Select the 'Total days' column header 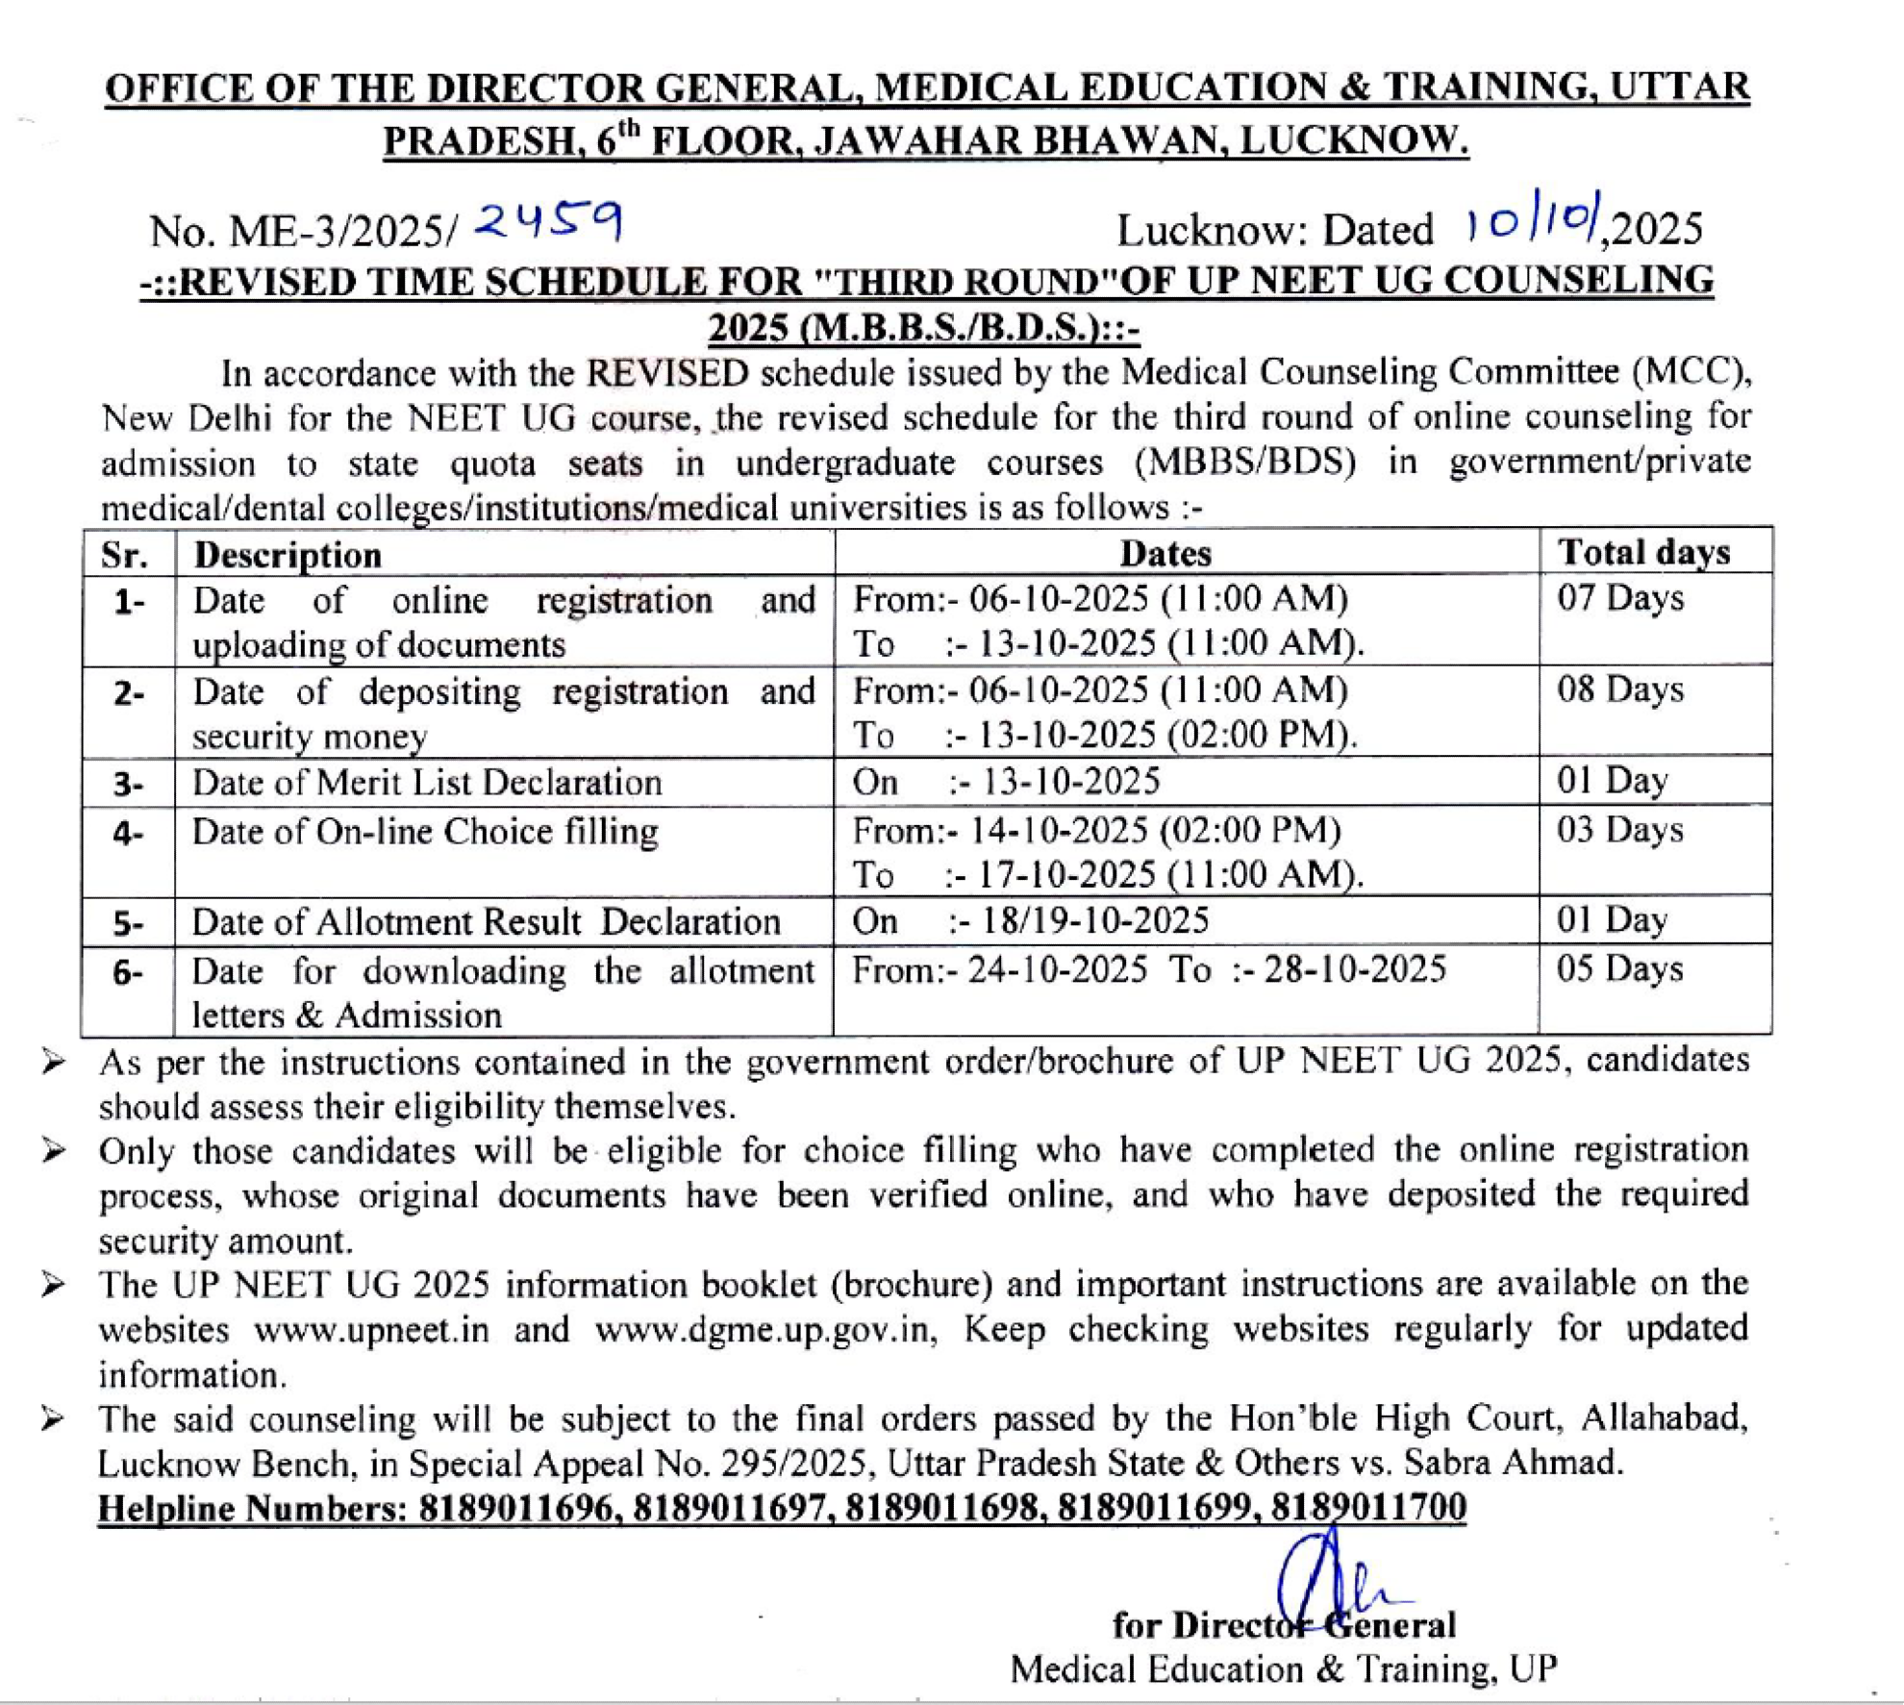(1643, 552)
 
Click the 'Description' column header (288, 555)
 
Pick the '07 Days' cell (1620, 598)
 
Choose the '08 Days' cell (1620, 690)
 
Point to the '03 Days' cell (1620, 829)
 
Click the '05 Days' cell (1620, 968)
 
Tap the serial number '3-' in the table (128, 784)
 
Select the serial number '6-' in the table (128, 972)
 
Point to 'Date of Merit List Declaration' (427, 783)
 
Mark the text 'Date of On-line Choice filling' (425, 831)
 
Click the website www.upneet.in (371, 1330)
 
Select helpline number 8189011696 (516, 1507)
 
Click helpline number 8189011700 (1369, 1506)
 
